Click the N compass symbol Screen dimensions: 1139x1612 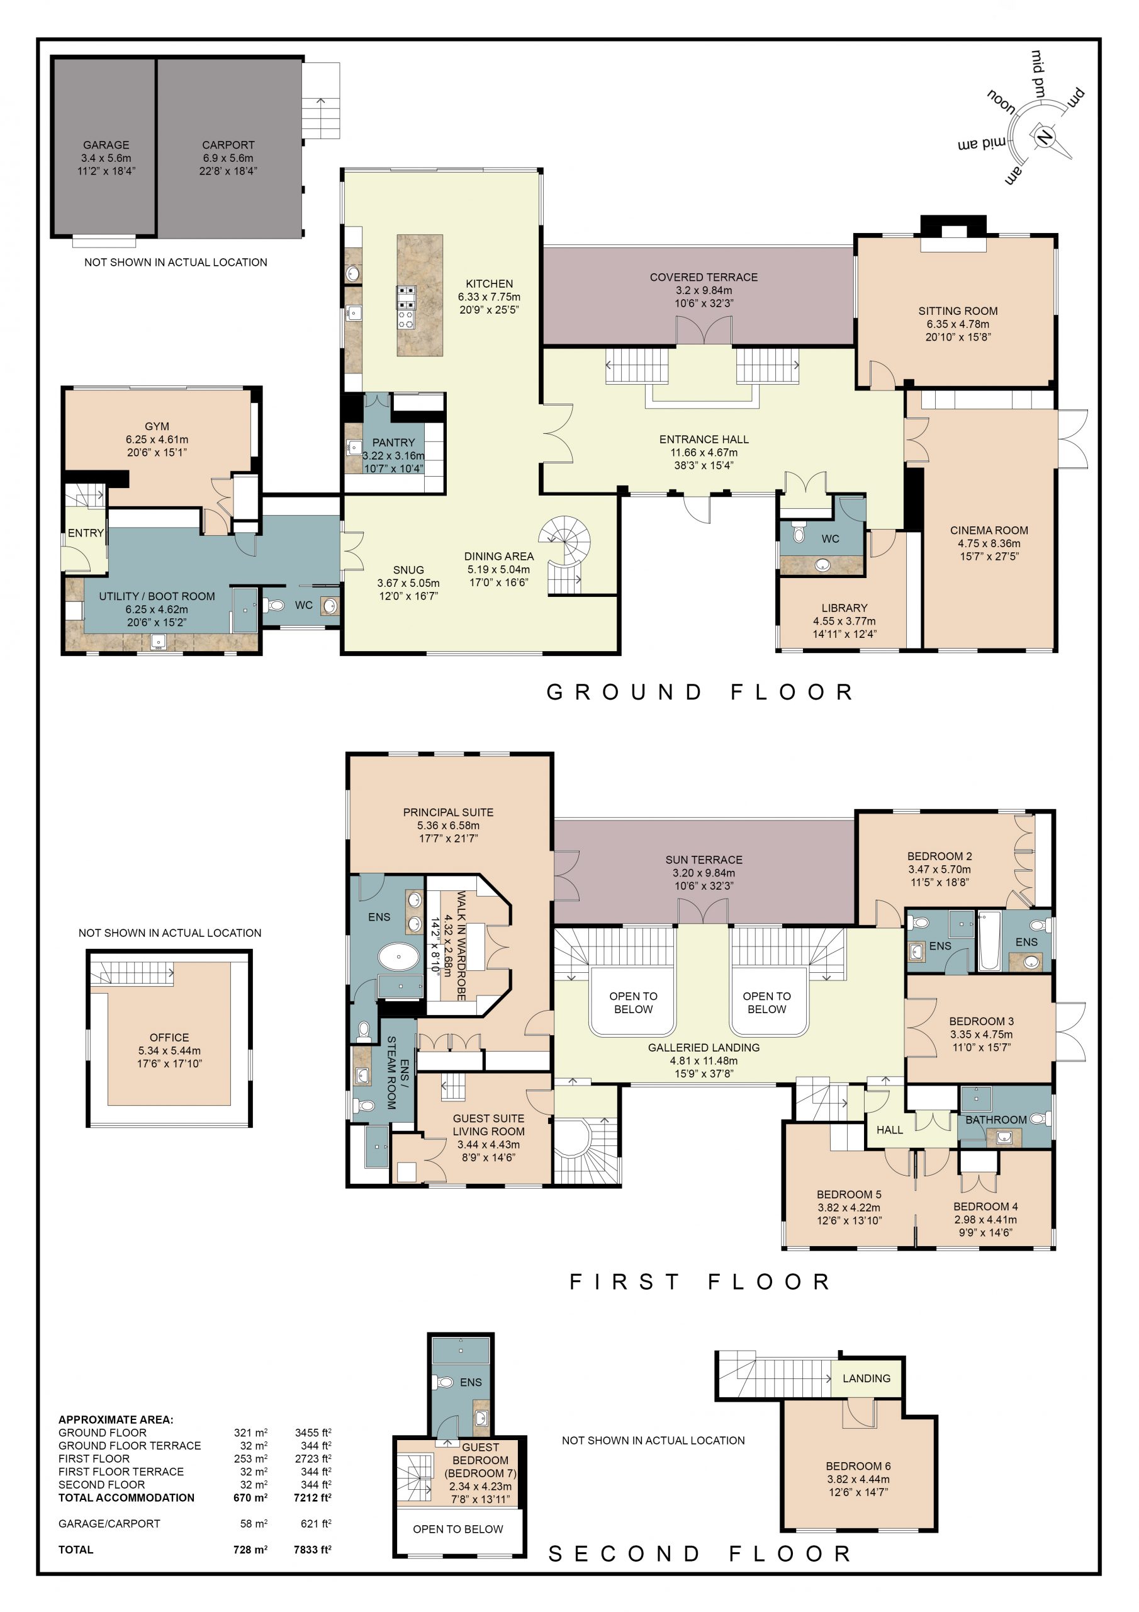coord(1043,136)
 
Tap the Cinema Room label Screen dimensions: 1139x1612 coord(989,530)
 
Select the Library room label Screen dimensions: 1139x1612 coord(844,608)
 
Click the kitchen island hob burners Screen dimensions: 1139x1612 coord(407,307)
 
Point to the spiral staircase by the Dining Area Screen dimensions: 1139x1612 coord(566,555)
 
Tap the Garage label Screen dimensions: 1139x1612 coord(106,145)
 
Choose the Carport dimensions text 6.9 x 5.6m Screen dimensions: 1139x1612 coord(228,158)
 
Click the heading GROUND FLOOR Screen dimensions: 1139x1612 coord(700,692)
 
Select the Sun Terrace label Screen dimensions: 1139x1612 coord(704,860)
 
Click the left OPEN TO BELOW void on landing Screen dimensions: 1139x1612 coord(633,1002)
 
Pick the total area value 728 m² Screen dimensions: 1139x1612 coord(250,1550)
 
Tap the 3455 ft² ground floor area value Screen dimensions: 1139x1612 coord(313,1433)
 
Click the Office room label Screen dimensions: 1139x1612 coord(169,1037)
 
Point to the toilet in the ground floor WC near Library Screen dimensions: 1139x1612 coord(799,533)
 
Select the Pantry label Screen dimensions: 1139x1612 coord(393,442)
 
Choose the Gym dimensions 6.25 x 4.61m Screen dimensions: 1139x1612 coord(157,440)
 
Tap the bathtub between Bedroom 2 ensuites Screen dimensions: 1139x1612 coord(989,941)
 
